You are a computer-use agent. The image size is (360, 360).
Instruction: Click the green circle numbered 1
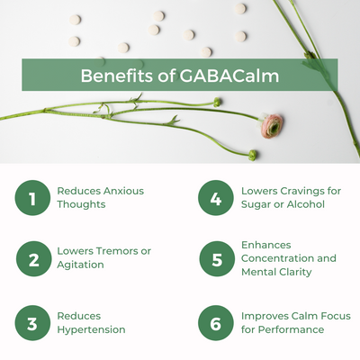[x=32, y=198]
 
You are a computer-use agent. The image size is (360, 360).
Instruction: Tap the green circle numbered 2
[x=33, y=259]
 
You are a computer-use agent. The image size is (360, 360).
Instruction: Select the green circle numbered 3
[x=32, y=323]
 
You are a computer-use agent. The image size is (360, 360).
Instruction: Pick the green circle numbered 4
[x=216, y=198]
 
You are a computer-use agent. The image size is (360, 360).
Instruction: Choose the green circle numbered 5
[x=217, y=259]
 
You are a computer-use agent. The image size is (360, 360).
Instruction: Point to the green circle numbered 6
[x=216, y=323]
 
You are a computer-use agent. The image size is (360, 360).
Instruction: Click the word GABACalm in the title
[x=229, y=76]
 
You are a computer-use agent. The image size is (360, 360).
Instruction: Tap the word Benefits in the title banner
[x=116, y=76]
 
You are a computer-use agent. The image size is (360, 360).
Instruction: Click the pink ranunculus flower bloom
[x=271, y=126]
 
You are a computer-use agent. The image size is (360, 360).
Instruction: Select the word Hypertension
[x=91, y=329]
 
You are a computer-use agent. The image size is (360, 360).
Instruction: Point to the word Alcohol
[x=306, y=204]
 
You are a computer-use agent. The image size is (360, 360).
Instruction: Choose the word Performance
[x=291, y=329]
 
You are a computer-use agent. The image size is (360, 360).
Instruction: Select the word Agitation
[x=80, y=265]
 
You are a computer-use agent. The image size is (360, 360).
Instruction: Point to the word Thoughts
[x=81, y=204]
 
